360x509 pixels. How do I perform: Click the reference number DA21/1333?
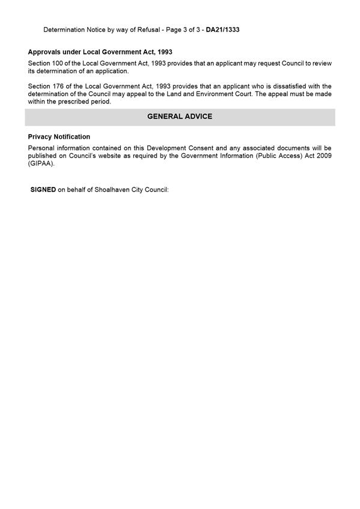click(x=222, y=29)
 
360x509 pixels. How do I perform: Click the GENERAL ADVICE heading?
click(x=180, y=117)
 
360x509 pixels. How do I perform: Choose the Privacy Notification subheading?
click(x=59, y=137)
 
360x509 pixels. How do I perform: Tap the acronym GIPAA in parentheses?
click(x=40, y=163)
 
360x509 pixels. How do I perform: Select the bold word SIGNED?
click(x=43, y=190)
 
